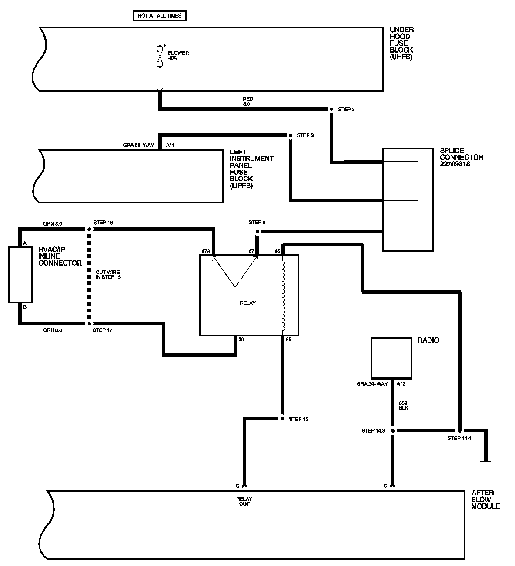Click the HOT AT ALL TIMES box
(159, 16)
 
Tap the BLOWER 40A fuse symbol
(159, 56)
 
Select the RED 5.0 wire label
(248, 102)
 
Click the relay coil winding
(284, 295)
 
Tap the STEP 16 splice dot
(89, 229)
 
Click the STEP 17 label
(103, 330)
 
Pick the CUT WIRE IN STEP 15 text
(108, 274)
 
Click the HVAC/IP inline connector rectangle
(20, 275)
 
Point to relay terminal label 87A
(206, 251)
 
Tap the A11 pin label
(170, 145)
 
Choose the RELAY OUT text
(244, 501)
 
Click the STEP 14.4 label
(459, 438)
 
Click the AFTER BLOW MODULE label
(485, 499)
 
